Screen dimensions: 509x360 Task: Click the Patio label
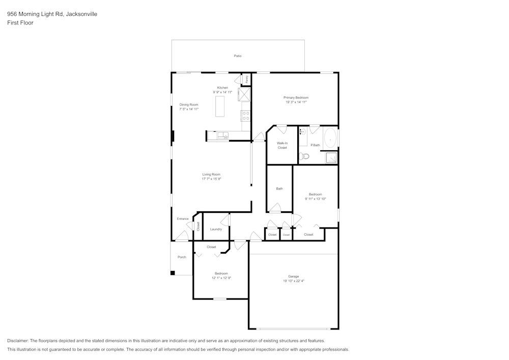pyautogui.click(x=238, y=56)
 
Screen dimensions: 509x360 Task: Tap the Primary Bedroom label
pyautogui.click(x=296, y=97)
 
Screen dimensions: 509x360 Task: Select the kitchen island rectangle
pyautogui.click(x=220, y=106)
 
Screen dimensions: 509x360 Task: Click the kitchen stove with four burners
pyautogui.click(x=246, y=116)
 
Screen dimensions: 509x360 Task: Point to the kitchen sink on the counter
pyautogui.click(x=223, y=135)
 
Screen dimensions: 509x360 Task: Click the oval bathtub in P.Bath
pyautogui.click(x=330, y=139)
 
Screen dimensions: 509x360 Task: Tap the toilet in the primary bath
pyautogui.click(x=303, y=156)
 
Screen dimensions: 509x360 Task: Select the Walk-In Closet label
pyautogui.click(x=282, y=145)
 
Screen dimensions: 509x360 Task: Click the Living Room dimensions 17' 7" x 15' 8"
pyautogui.click(x=211, y=179)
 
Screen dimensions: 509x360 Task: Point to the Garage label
pyautogui.click(x=294, y=276)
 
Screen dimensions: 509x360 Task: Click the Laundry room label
pyautogui.click(x=216, y=229)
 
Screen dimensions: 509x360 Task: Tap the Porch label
pyautogui.click(x=182, y=257)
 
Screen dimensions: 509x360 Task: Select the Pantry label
pyautogui.click(x=247, y=79)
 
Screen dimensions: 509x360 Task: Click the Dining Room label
pyautogui.click(x=189, y=104)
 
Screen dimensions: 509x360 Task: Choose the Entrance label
pyautogui.click(x=183, y=219)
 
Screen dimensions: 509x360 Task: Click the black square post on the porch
pyautogui.click(x=173, y=273)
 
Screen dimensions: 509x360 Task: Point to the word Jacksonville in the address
pyautogui.click(x=81, y=14)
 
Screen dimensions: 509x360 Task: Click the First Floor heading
pyautogui.click(x=20, y=23)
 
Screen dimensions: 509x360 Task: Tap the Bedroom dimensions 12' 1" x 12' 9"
pyautogui.click(x=221, y=278)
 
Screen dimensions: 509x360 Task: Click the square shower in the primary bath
pyautogui.click(x=331, y=158)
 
